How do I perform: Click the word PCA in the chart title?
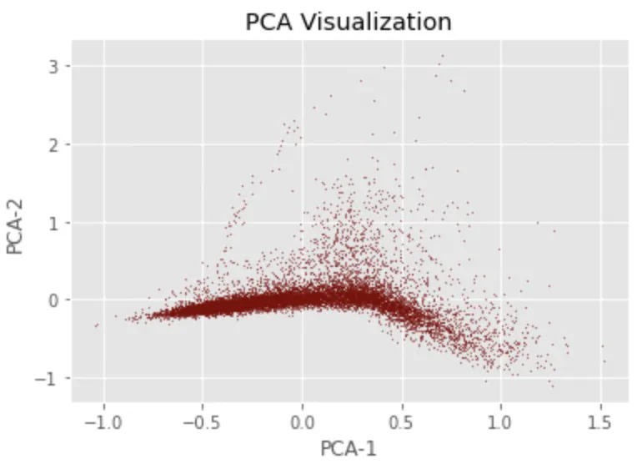(273, 22)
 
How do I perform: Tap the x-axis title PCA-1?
(349, 449)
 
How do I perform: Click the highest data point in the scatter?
(442, 56)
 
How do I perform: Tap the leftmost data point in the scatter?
(96, 325)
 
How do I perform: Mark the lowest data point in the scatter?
(552, 386)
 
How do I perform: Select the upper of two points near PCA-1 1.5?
(602, 346)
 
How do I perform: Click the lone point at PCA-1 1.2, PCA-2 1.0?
(538, 223)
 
